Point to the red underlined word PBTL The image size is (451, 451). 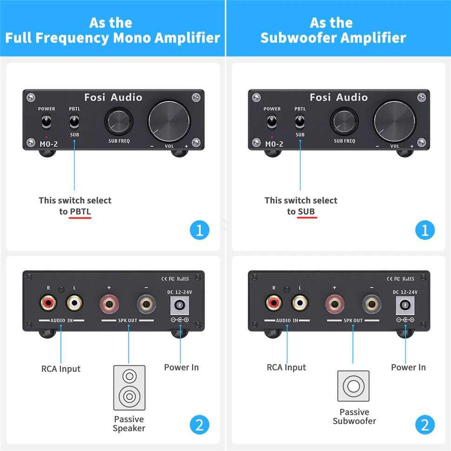click(80, 212)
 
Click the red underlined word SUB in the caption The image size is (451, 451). click(306, 212)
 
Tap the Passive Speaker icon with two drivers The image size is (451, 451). click(129, 387)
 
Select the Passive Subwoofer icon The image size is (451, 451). click(353, 386)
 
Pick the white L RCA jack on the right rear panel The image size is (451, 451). click(300, 304)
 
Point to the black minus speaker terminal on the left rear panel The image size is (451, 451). click(146, 305)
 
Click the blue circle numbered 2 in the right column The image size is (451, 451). click(425, 424)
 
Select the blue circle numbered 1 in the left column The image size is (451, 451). click(199, 230)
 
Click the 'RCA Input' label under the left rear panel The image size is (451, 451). click(61, 369)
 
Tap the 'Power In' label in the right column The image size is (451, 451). click(408, 367)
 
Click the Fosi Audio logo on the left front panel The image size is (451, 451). click(113, 98)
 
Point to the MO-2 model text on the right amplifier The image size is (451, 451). click(274, 144)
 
